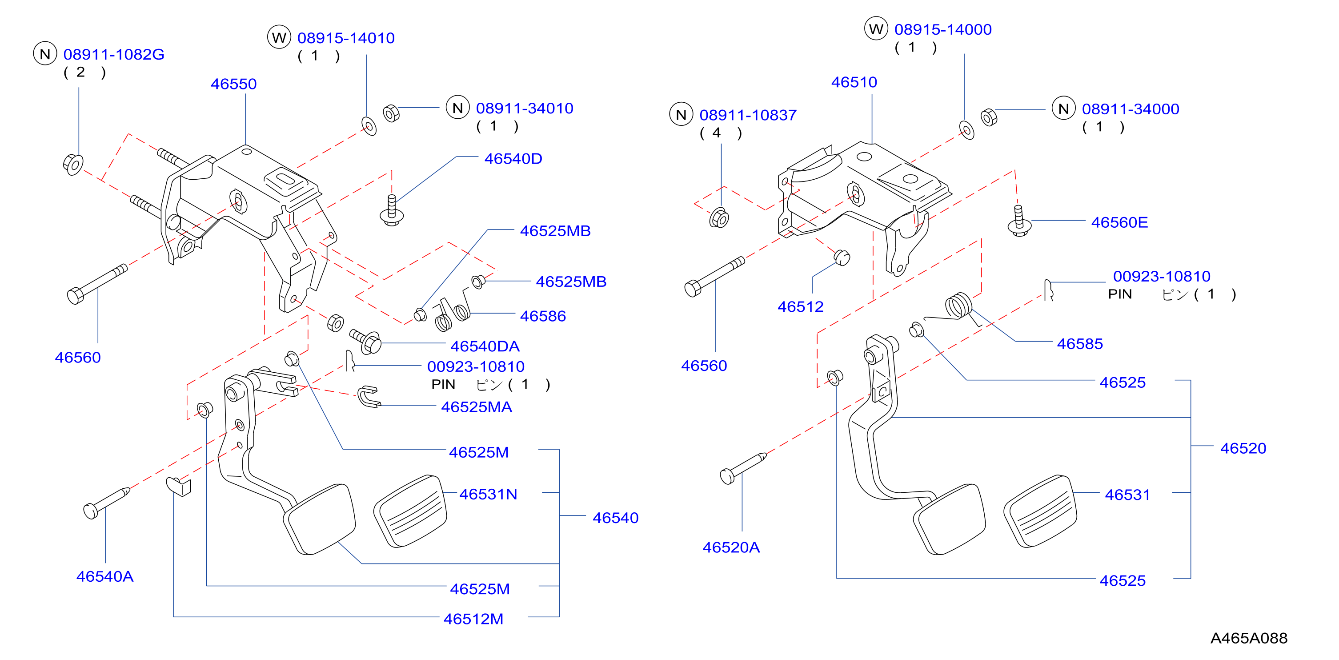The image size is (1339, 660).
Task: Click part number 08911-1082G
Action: [114, 54]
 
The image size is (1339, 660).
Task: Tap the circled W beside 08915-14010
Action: [279, 37]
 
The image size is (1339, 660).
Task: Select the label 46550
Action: [233, 84]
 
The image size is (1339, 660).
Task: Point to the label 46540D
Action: [513, 159]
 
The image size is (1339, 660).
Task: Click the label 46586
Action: [543, 316]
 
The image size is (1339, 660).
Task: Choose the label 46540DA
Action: [485, 346]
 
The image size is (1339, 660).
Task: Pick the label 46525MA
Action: [476, 407]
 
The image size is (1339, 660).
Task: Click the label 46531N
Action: [488, 494]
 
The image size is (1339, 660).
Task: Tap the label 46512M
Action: [473, 619]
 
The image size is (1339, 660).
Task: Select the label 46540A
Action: [104, 576]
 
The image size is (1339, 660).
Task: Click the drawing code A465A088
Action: [1249, 638]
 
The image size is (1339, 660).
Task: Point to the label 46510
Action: [854, 82]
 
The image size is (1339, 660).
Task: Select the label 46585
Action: [1080, 344]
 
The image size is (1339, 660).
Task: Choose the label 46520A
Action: [731, 547]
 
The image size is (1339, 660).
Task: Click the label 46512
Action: [801, 307]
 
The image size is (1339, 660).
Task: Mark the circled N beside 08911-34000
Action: [1063, 108]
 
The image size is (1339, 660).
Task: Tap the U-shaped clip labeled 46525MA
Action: [368, 397]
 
